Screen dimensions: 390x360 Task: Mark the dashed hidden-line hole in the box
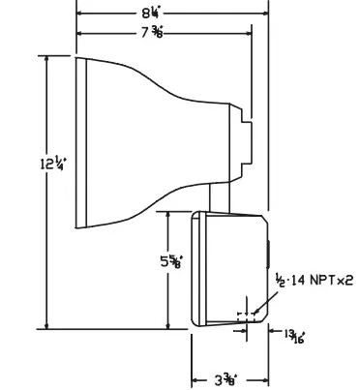(249, 315)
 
